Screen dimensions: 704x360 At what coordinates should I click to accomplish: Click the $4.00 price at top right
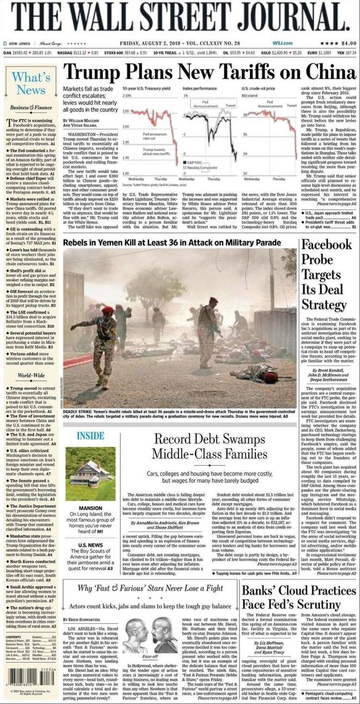348,43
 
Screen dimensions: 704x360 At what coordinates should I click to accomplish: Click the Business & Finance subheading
30,108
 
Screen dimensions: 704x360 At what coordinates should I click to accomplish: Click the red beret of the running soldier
108,310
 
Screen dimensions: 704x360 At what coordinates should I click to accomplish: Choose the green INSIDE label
90,435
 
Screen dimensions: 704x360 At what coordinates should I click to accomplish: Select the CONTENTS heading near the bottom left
14,636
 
